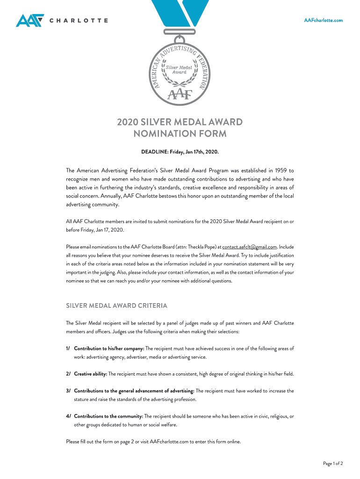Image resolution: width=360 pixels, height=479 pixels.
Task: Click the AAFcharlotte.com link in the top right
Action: tap(324, 20)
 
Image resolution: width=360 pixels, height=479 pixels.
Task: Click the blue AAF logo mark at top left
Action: tap(29, 21)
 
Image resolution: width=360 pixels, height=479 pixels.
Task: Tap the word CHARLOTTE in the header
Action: tap(79, 21)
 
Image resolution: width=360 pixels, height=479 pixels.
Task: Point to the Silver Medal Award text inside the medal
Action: tap(180, 70)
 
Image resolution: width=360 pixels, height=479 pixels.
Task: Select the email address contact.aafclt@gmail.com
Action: tap(250, 247)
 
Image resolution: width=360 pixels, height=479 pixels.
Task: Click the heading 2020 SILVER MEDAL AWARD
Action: tap(180, 123)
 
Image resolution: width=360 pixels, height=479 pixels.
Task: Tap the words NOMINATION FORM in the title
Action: tap(180, 134)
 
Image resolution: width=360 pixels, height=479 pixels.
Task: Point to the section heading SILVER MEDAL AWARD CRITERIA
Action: tap(116, 306)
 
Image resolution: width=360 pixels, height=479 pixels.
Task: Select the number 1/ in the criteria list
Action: tap(68, 348)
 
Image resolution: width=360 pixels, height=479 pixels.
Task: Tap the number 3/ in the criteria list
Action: tap(68, 391)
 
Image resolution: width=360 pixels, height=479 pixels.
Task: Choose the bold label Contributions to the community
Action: tap(108, 416)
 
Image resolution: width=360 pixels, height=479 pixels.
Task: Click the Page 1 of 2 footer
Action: tap(333, 464)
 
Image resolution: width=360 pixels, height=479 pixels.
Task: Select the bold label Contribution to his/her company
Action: tap(109, 348)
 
